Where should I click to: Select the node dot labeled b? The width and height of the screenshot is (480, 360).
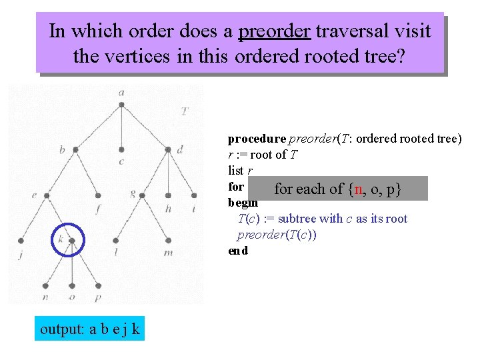click(75, 149)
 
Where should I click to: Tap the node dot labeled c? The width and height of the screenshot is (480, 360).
click(121, 149)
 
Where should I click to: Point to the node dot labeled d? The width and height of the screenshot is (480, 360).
click(167, 149)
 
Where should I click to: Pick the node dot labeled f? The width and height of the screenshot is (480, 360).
click(99, 195)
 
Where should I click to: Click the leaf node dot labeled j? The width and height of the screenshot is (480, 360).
click(21, 241)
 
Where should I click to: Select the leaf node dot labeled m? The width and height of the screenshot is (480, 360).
click(167, 241)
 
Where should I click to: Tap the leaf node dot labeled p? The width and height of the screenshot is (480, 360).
click(98, 286)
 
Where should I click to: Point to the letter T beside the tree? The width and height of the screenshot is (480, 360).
click(185, 111)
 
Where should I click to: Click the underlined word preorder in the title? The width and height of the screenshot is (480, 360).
click(274, 31)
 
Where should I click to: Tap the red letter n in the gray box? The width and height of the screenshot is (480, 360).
click(358, 189)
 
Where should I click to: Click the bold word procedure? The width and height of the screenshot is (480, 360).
click(257, 139)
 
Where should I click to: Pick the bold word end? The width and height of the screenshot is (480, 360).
click(237, 251)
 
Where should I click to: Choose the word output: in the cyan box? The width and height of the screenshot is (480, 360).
click(62, 329)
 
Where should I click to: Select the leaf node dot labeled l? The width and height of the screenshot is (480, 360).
click(116, 241)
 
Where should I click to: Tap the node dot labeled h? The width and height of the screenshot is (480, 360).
click(167, 195)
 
